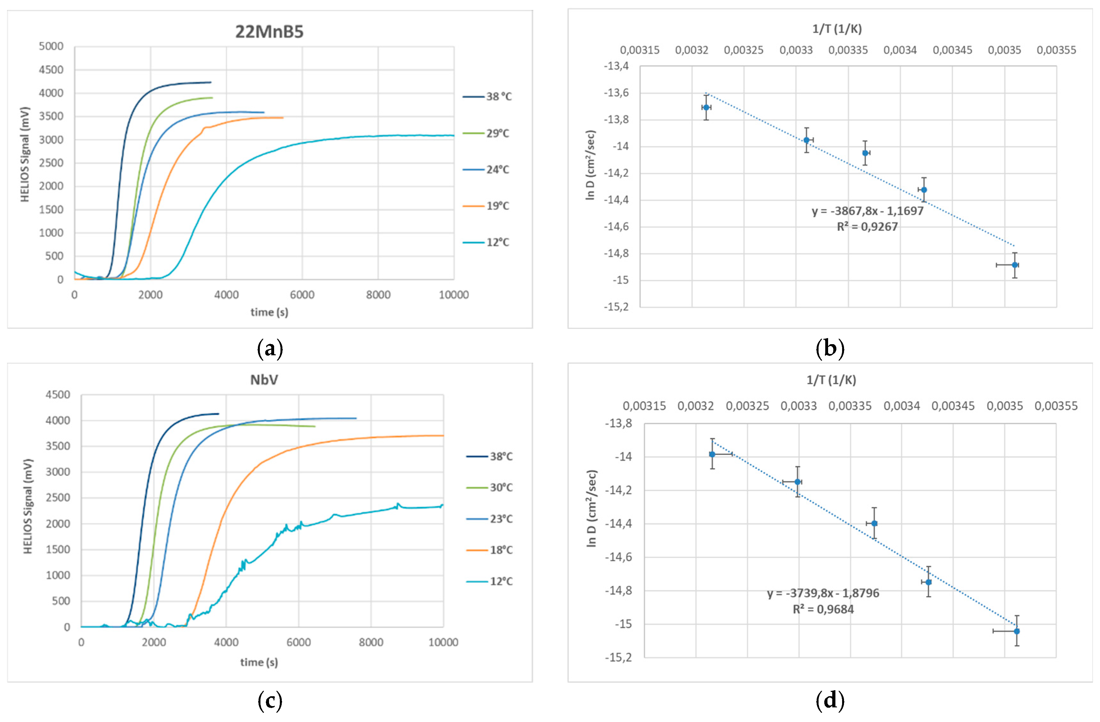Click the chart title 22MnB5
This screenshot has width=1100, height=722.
tap(269, 32)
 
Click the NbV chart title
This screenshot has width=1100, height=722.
tap(264, 380)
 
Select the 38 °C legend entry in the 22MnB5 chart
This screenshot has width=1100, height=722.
tap(498, 97)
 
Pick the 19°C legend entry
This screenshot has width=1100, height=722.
tap(497, 206)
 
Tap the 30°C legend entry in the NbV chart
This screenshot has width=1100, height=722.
tap(501, 487)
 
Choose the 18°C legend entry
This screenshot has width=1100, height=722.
tap(501, 550)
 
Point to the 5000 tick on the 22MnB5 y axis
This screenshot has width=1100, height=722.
tap(51, 46)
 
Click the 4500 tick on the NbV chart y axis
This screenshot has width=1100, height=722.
tap(58, 395)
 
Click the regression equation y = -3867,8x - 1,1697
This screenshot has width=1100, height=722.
tap(867, 211)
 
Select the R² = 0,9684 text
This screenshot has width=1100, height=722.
tap(823, 609)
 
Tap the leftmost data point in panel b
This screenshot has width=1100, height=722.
tap(706, 107)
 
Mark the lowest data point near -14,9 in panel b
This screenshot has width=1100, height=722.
tap(1014, 265)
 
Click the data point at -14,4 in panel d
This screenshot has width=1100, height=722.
tap(874, 523)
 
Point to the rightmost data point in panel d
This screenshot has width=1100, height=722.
tap(1016, 631)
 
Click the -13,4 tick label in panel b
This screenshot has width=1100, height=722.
tap(616, 66)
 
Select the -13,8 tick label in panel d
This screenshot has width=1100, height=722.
tap(619, 423)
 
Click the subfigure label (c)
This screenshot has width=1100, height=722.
tap(269, 701)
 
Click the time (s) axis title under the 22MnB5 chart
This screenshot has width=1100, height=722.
tap(269, 312)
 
